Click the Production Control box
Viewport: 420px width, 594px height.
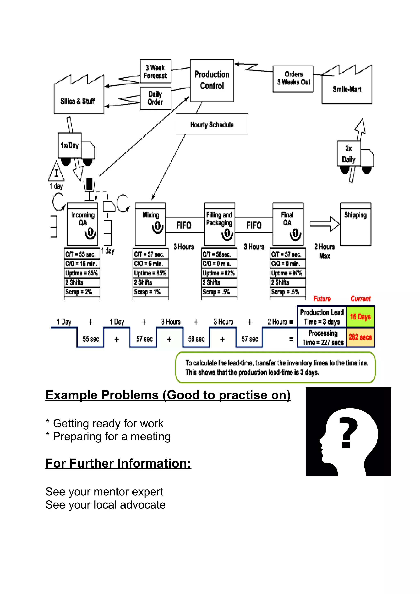pyautogui.click(x=212, y=81)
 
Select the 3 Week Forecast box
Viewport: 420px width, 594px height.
pyautogui.click(x=155, y=71)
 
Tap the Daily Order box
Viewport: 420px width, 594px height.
pyautogui.click(x=155, y=98)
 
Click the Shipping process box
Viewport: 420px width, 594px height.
pyautogui.click(x=355, y=224)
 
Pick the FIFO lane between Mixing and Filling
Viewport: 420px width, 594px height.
pyautogui.click(x=184, y=225)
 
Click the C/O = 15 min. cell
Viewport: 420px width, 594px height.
pyautogui.click(x=81, y=264)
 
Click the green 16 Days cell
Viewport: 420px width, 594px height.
pyautogui.click(x=360, y=317)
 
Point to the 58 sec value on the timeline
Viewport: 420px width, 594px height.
pyautogui.click(x=196, y=339)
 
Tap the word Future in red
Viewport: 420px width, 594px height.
pyautogui.click(x=322, y=299)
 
